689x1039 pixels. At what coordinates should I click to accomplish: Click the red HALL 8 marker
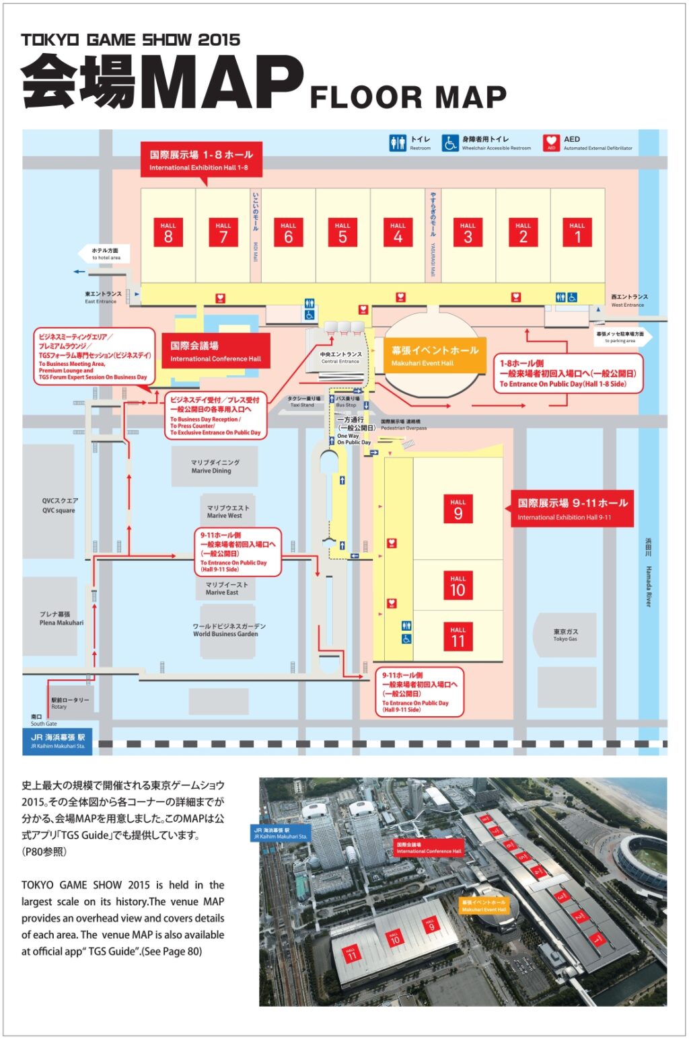168,232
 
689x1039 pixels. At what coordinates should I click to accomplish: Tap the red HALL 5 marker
342,232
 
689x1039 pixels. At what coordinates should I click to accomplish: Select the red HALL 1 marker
577,232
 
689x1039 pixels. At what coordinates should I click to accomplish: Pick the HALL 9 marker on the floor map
458,509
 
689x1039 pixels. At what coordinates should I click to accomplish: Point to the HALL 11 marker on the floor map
458,637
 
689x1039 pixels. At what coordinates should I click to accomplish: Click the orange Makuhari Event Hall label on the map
435,356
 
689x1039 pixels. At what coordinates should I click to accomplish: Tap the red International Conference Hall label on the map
215,351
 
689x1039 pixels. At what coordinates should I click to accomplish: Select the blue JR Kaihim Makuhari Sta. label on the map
58,740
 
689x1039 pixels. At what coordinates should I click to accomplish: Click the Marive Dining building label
215,467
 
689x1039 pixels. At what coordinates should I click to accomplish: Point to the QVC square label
59,506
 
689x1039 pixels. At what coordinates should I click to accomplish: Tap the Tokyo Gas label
565,635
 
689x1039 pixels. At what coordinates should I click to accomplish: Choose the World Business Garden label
225,630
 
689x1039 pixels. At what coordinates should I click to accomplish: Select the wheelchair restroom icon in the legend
450,143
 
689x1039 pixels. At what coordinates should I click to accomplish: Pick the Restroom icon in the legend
398,143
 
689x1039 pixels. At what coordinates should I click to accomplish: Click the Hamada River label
649,572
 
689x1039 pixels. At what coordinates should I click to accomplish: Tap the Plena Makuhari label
61,619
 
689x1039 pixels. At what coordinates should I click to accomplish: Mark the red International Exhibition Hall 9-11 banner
573,508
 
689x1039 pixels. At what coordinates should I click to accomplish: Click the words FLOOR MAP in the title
408,98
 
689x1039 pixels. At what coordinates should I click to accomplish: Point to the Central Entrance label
340,357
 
